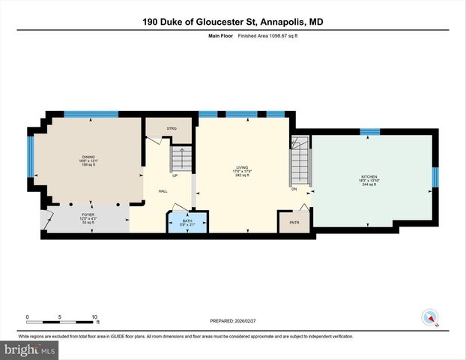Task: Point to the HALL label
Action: click(163, 191)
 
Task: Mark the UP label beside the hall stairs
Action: click(175, 176)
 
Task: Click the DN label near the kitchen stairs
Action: click(295, 189)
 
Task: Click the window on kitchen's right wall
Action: click(435, 176)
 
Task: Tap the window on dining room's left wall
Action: click(31, 157)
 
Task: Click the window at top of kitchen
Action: click(370, 132)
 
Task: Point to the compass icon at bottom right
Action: click(429, 317)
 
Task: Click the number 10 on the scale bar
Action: click(94, 316)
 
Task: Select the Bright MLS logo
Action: click(30, 350)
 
